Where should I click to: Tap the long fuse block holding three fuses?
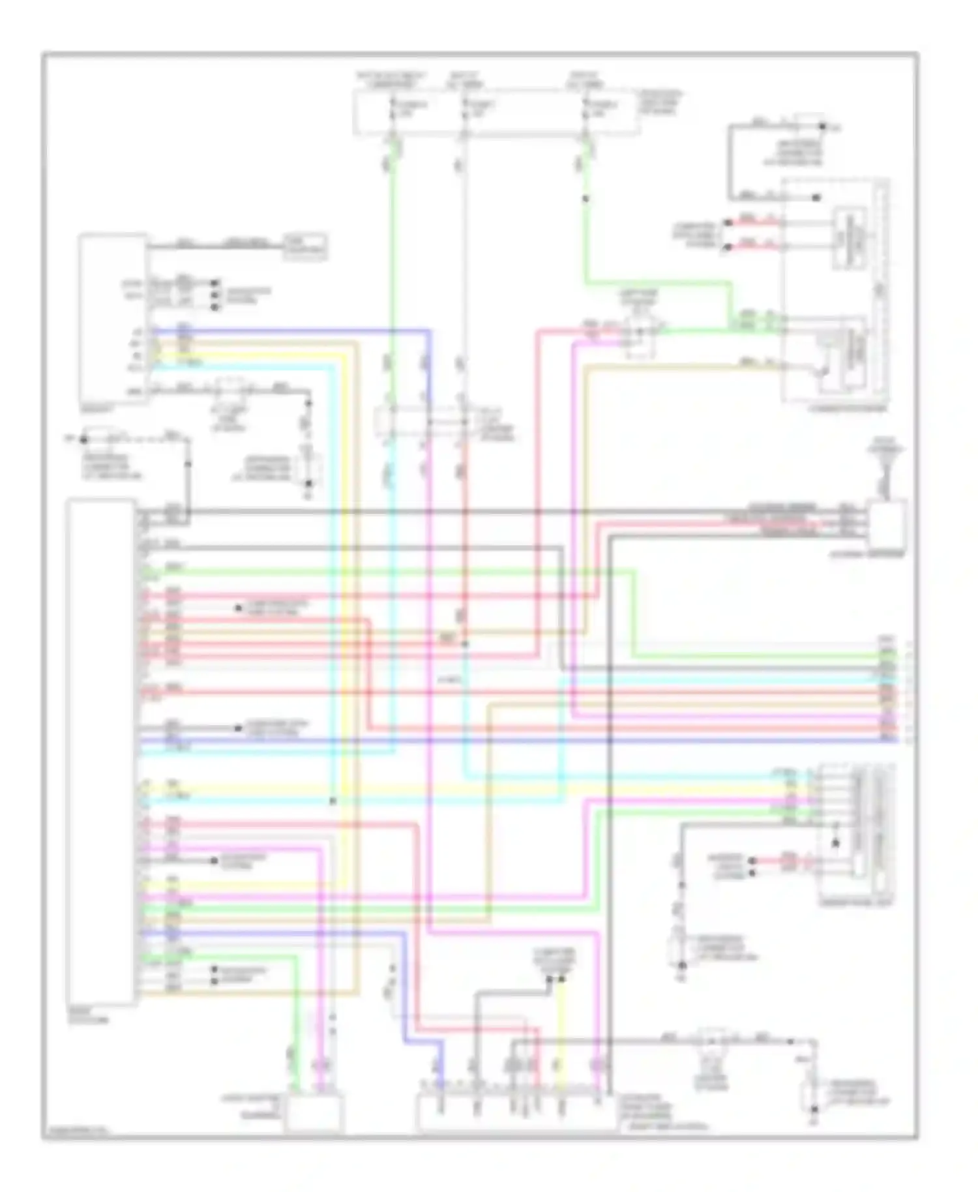496,112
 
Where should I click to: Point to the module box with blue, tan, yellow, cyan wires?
112,318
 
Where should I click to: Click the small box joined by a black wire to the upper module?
305,246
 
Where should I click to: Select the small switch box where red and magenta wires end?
640,335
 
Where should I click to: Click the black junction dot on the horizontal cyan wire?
333,801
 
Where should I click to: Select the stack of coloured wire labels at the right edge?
887,690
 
